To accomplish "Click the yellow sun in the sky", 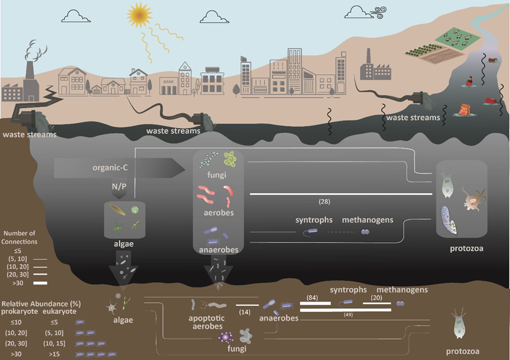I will tap(140, 15).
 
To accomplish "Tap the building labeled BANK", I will tap(168, 87).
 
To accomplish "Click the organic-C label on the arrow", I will tap(110, 167).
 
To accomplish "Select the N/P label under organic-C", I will tap(119, 186).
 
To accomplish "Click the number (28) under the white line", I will tap(324, 202).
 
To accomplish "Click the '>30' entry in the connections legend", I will tap(18, 283).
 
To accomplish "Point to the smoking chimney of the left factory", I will tap(29, 73).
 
